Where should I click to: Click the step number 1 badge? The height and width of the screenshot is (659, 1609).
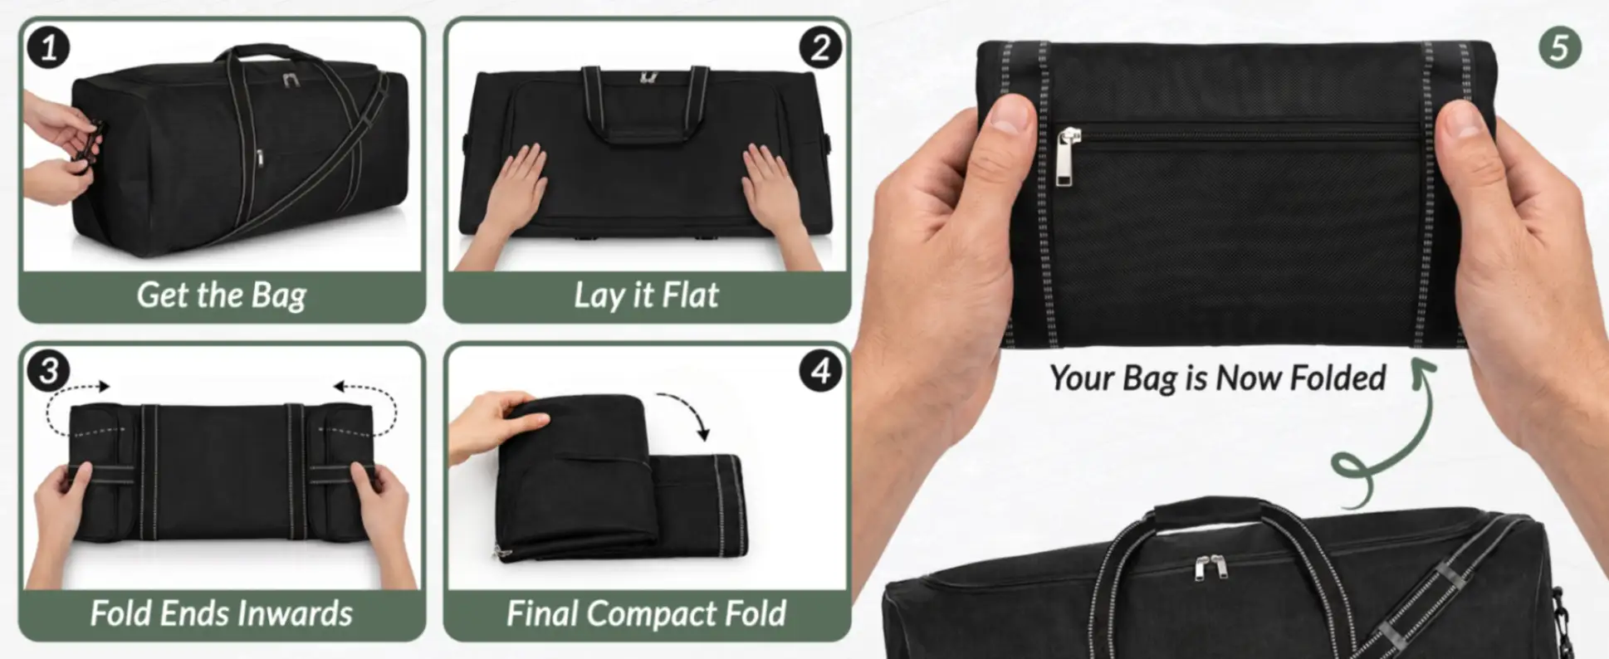[48, 47]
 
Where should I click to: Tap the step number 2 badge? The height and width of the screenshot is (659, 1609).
[820, 47]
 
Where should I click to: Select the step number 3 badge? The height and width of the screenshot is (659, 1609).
[48, 370]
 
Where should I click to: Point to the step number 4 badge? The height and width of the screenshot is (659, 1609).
[820, 370]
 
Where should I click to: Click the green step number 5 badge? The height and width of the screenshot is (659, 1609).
[1559, 48]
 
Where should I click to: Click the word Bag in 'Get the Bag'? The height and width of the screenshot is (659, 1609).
[278, 296]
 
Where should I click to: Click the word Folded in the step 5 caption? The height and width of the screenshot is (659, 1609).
[1338, 378]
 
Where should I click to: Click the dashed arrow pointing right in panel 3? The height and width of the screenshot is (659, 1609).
[71, 398]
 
